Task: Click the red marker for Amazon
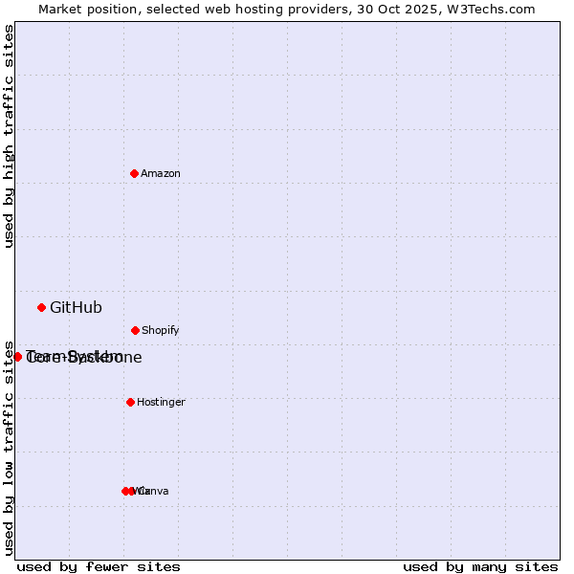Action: click(134, 173)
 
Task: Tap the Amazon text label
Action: click(160, 174)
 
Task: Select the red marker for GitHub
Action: click(41, 307)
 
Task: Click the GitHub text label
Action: click(76, 308)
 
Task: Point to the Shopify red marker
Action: click(135, 330)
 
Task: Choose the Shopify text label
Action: click(160, 331)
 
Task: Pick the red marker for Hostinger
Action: click(130, 402)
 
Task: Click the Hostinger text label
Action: click(161, 403)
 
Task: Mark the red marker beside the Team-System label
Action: click(17, 357)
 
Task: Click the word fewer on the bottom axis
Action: click(104, 566)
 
